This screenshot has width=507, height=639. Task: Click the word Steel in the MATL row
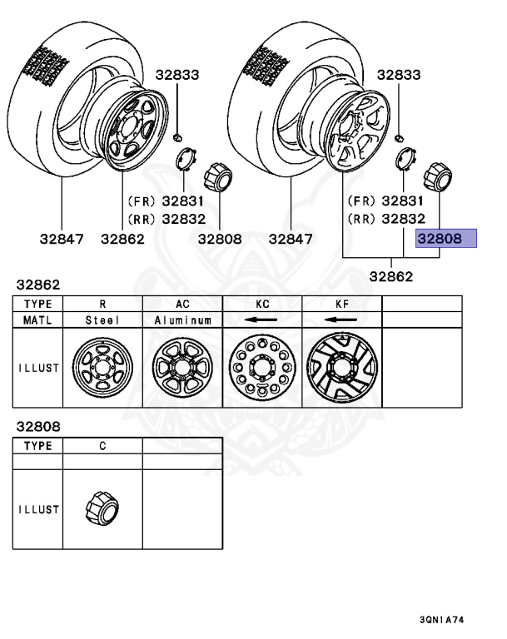pos(102,319)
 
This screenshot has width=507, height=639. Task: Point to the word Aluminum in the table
pos(182,319)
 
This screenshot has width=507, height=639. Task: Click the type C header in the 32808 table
pos(102,446)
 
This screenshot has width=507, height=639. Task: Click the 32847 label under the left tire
pos(62,239)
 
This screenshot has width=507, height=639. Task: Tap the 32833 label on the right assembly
pos(399,75)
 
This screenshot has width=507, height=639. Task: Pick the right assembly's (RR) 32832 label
pos(387,218)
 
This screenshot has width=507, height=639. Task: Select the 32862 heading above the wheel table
pos(37,285)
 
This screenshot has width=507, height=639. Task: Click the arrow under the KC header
pos(262,319)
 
